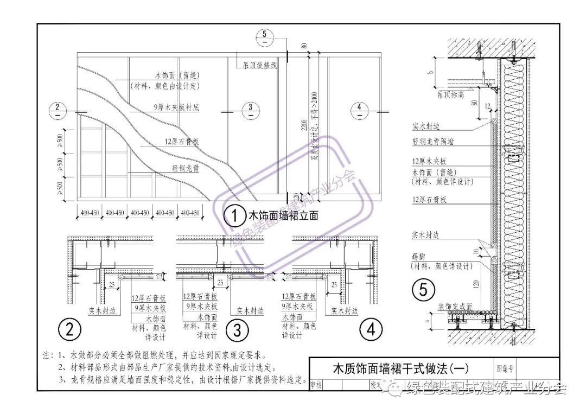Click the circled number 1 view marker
point(235,216)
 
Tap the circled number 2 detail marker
point(69,329)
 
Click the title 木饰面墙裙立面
point(283,216)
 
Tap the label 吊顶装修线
point(260,66)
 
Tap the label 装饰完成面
point(455,306)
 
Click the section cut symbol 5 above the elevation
point(264,38)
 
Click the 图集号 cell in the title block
point(504,368)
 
